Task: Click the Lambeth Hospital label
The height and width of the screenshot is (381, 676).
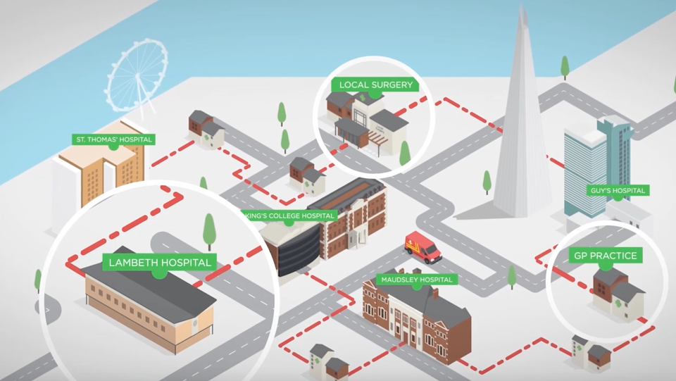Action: (160, 263)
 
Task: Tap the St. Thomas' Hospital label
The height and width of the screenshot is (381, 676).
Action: (113, 139)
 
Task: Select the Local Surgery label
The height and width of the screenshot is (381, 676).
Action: (375, 85)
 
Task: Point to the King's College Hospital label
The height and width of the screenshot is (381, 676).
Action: (289, 216)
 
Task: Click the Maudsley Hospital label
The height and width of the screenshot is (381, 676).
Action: (416, 280)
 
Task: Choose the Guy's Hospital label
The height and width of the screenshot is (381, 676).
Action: (618, 190)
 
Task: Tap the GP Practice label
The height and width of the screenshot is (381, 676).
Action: (606, 256)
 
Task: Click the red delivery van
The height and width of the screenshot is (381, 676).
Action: (423, 247)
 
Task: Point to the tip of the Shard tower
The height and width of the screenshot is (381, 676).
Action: (522, 4)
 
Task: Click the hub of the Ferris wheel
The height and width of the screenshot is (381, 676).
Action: (138, 76)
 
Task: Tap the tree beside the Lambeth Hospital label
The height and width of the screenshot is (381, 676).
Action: (210, 231)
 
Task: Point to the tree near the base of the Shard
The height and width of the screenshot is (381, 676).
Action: (487, 182)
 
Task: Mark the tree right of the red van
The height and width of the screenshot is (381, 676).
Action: (512, 277)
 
